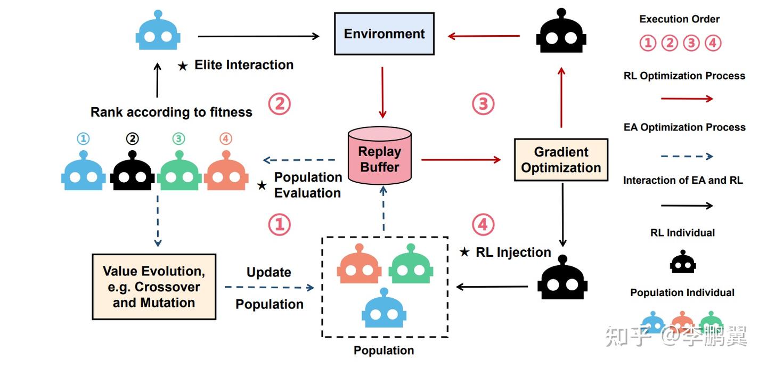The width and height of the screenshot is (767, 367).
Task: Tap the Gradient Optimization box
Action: [561, 160]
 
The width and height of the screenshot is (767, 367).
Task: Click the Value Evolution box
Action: [154, 287]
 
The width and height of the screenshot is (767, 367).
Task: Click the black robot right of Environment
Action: [561, 33]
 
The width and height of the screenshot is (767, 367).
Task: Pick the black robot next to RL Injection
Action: [562, 278]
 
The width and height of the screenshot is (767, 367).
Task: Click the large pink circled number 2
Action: [279, 104]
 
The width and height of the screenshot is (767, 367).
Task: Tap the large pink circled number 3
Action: [483, 104]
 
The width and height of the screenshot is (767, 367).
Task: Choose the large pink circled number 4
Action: [483, 225]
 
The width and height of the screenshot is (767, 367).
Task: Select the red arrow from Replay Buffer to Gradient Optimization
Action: [461, 159]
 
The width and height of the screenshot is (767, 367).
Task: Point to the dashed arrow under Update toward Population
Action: [269, 288]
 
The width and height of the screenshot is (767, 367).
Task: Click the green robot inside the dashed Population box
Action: [410, 265]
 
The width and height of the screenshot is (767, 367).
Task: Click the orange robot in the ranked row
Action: [226, 172]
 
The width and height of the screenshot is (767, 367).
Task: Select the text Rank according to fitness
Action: [171, 112]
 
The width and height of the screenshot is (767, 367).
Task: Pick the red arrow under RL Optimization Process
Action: [686, 99]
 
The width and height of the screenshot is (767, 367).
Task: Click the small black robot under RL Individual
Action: [683, 262]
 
